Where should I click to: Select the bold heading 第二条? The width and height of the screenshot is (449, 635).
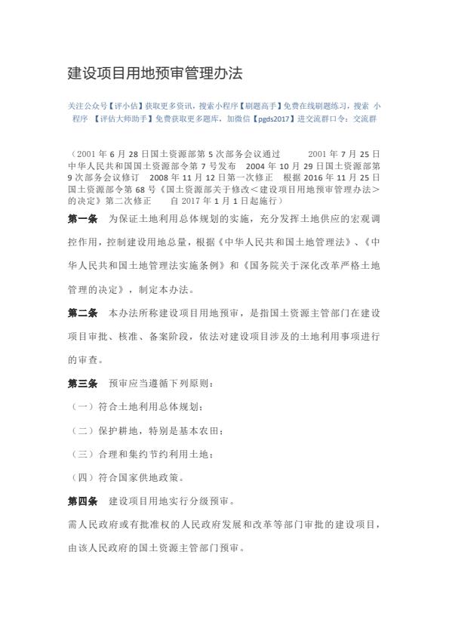(82, 313)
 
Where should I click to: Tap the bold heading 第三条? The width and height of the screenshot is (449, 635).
(82, 383)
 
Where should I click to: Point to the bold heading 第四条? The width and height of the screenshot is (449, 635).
(82, 501)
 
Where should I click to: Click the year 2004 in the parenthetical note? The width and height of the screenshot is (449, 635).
(257, 163)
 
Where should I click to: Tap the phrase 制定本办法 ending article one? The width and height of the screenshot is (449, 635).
(170, 289)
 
